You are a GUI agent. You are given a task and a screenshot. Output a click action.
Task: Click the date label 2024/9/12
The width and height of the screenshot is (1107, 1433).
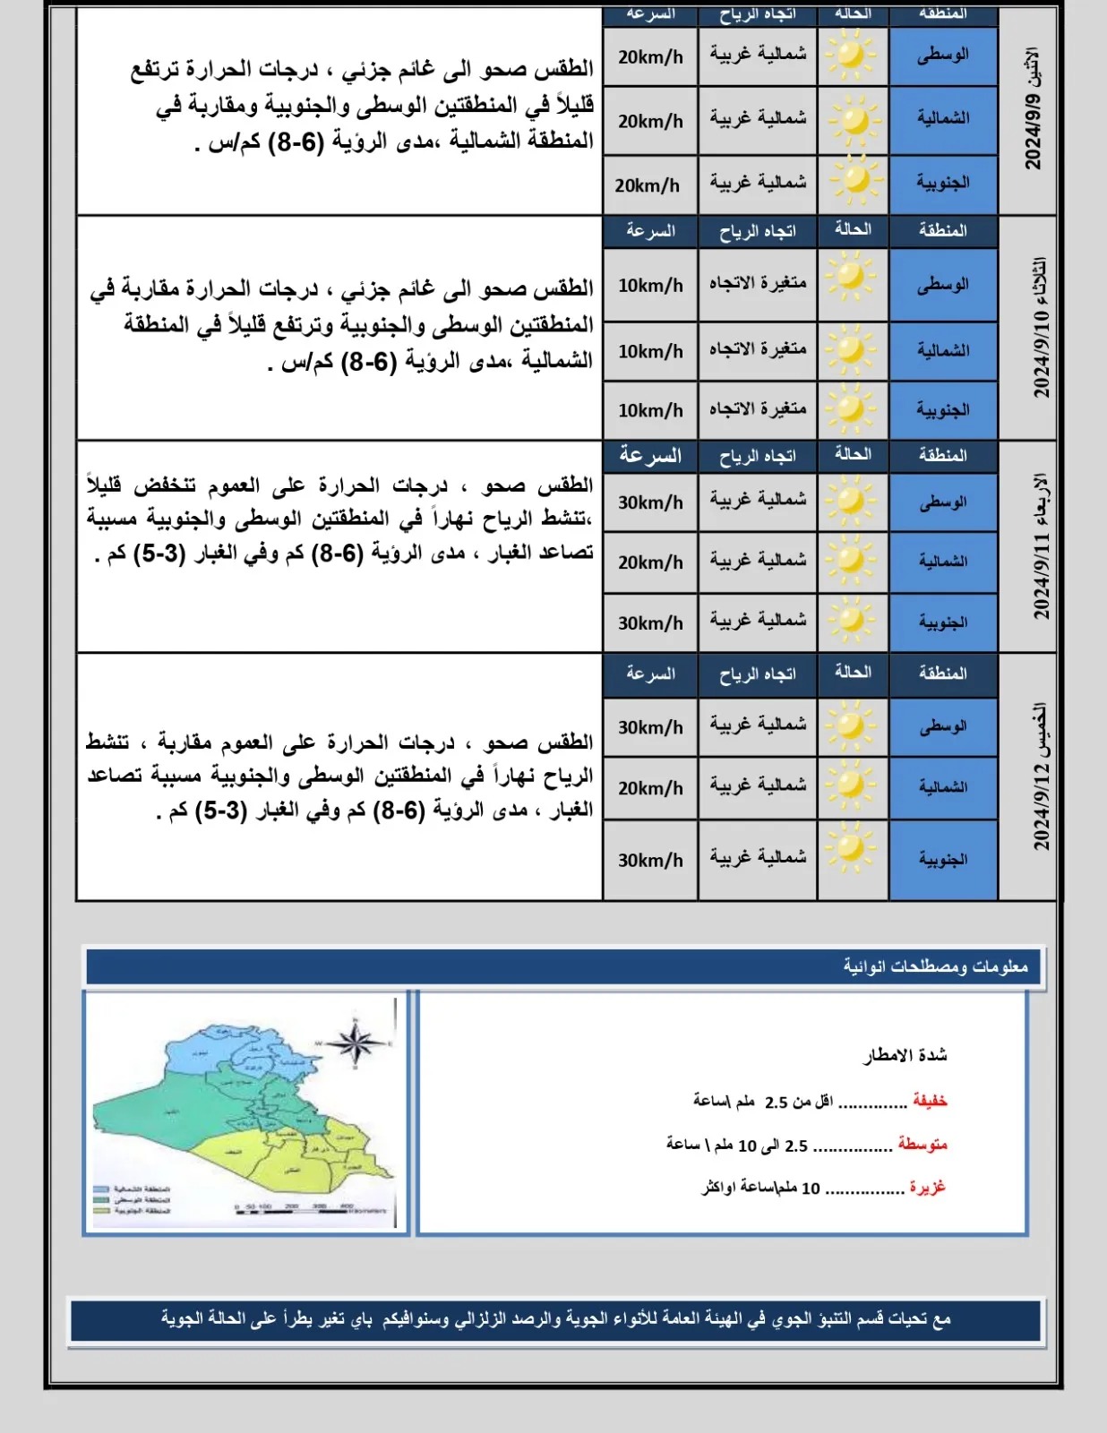(1040, 777)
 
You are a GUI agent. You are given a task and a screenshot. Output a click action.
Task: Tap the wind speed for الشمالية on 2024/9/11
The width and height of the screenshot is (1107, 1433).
(650, 562)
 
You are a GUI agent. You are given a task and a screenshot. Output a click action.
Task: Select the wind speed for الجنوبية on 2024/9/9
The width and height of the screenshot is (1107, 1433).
(648, 185)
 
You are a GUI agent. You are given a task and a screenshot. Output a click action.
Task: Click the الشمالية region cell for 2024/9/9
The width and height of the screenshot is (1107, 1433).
(943, 118)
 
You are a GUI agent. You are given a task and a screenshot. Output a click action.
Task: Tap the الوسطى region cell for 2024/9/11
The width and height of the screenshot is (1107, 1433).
(943, 502)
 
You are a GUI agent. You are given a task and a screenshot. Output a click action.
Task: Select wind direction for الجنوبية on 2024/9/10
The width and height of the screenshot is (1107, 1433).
(758, 410)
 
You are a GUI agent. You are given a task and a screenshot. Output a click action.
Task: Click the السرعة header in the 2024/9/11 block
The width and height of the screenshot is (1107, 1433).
(650, 456)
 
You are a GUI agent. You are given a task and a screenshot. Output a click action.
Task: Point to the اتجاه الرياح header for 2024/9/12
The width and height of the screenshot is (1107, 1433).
(758, 674)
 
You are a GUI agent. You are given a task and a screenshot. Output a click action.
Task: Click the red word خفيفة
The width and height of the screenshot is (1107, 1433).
(930, 1101)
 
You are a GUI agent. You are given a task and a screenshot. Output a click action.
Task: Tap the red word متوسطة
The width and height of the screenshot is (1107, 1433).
(922, 1145)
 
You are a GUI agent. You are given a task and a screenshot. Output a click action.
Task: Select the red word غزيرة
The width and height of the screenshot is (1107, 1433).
(928, 1188)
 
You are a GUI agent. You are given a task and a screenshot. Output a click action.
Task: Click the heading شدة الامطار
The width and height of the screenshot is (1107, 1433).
(905, 1055)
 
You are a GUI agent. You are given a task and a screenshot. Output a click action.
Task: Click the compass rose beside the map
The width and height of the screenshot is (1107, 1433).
(356, 1043)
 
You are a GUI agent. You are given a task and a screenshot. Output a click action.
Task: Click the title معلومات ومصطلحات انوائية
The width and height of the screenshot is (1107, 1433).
(935, 966)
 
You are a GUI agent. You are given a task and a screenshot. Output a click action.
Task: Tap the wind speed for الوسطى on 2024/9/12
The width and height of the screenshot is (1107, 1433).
(650, 727)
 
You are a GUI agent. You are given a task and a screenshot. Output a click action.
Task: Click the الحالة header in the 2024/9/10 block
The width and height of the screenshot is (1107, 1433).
(853, 230)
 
